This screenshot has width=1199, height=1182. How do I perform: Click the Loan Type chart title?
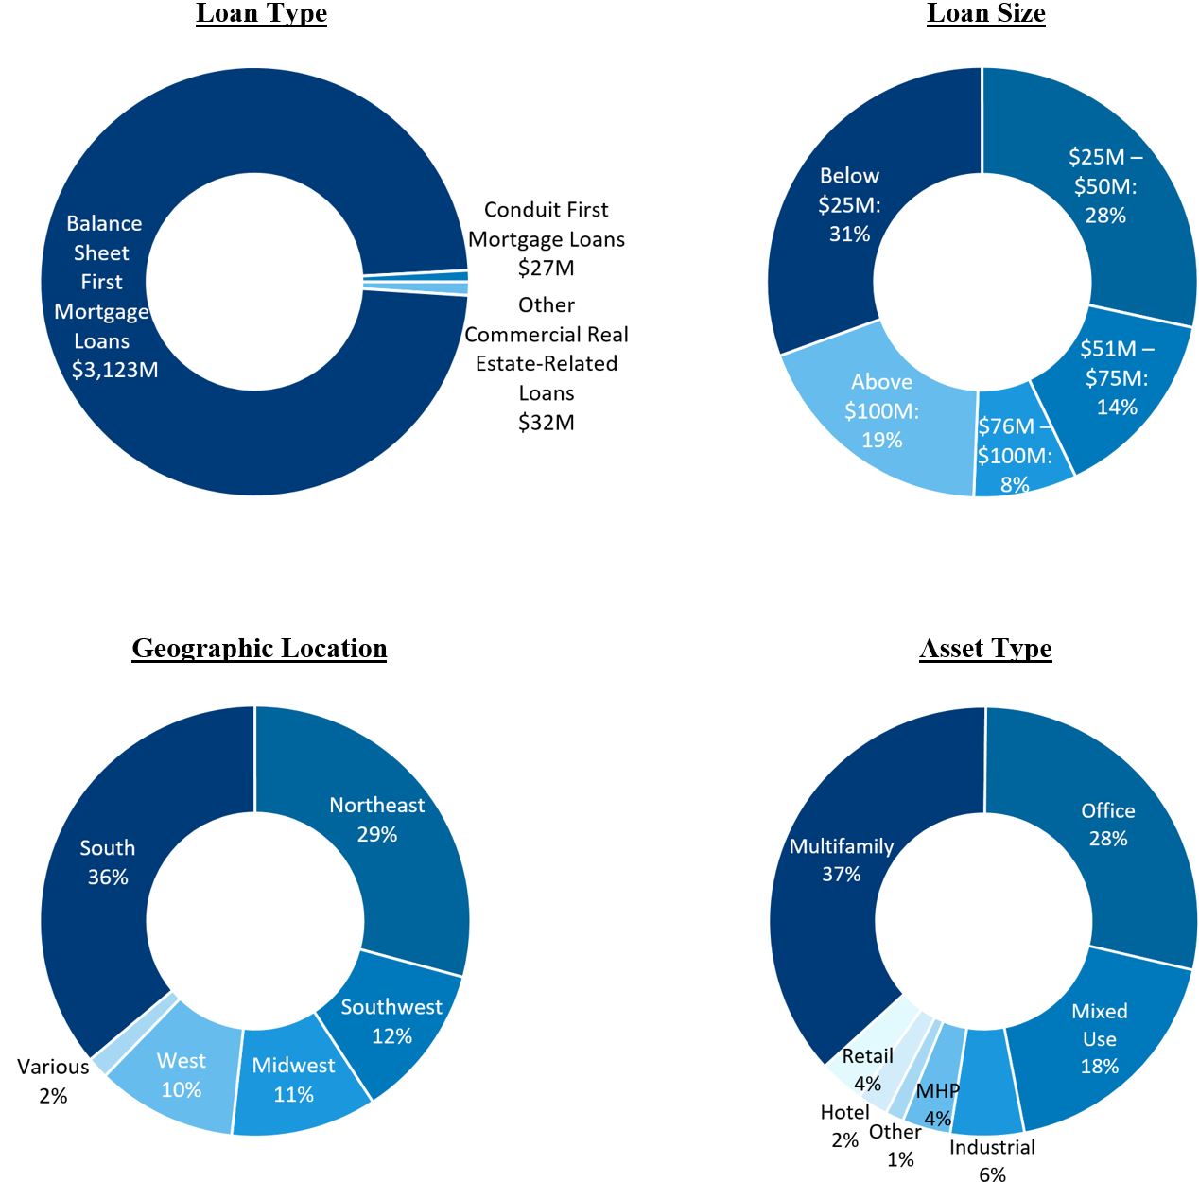[261, 14]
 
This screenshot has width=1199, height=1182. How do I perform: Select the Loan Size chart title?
[985, 14]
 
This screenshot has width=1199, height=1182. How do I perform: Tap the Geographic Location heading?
[259, 649]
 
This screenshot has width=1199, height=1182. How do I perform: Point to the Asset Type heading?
[985, 649]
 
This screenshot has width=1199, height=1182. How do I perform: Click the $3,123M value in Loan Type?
[115, 370]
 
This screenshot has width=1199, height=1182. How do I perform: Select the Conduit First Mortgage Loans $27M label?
[547, 238]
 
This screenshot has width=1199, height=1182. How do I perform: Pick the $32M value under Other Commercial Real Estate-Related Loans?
[547, 422]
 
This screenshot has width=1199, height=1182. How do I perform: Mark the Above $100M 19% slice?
[881, 410]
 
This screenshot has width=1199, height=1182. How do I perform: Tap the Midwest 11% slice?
[293, 1080]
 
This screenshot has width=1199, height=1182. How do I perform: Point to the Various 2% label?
[53, 1081]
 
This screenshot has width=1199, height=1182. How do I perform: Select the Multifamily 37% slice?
[841, 860]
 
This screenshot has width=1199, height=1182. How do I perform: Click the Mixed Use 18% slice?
[1099, 1038]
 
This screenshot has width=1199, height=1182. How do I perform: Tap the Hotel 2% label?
[844, 1125]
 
